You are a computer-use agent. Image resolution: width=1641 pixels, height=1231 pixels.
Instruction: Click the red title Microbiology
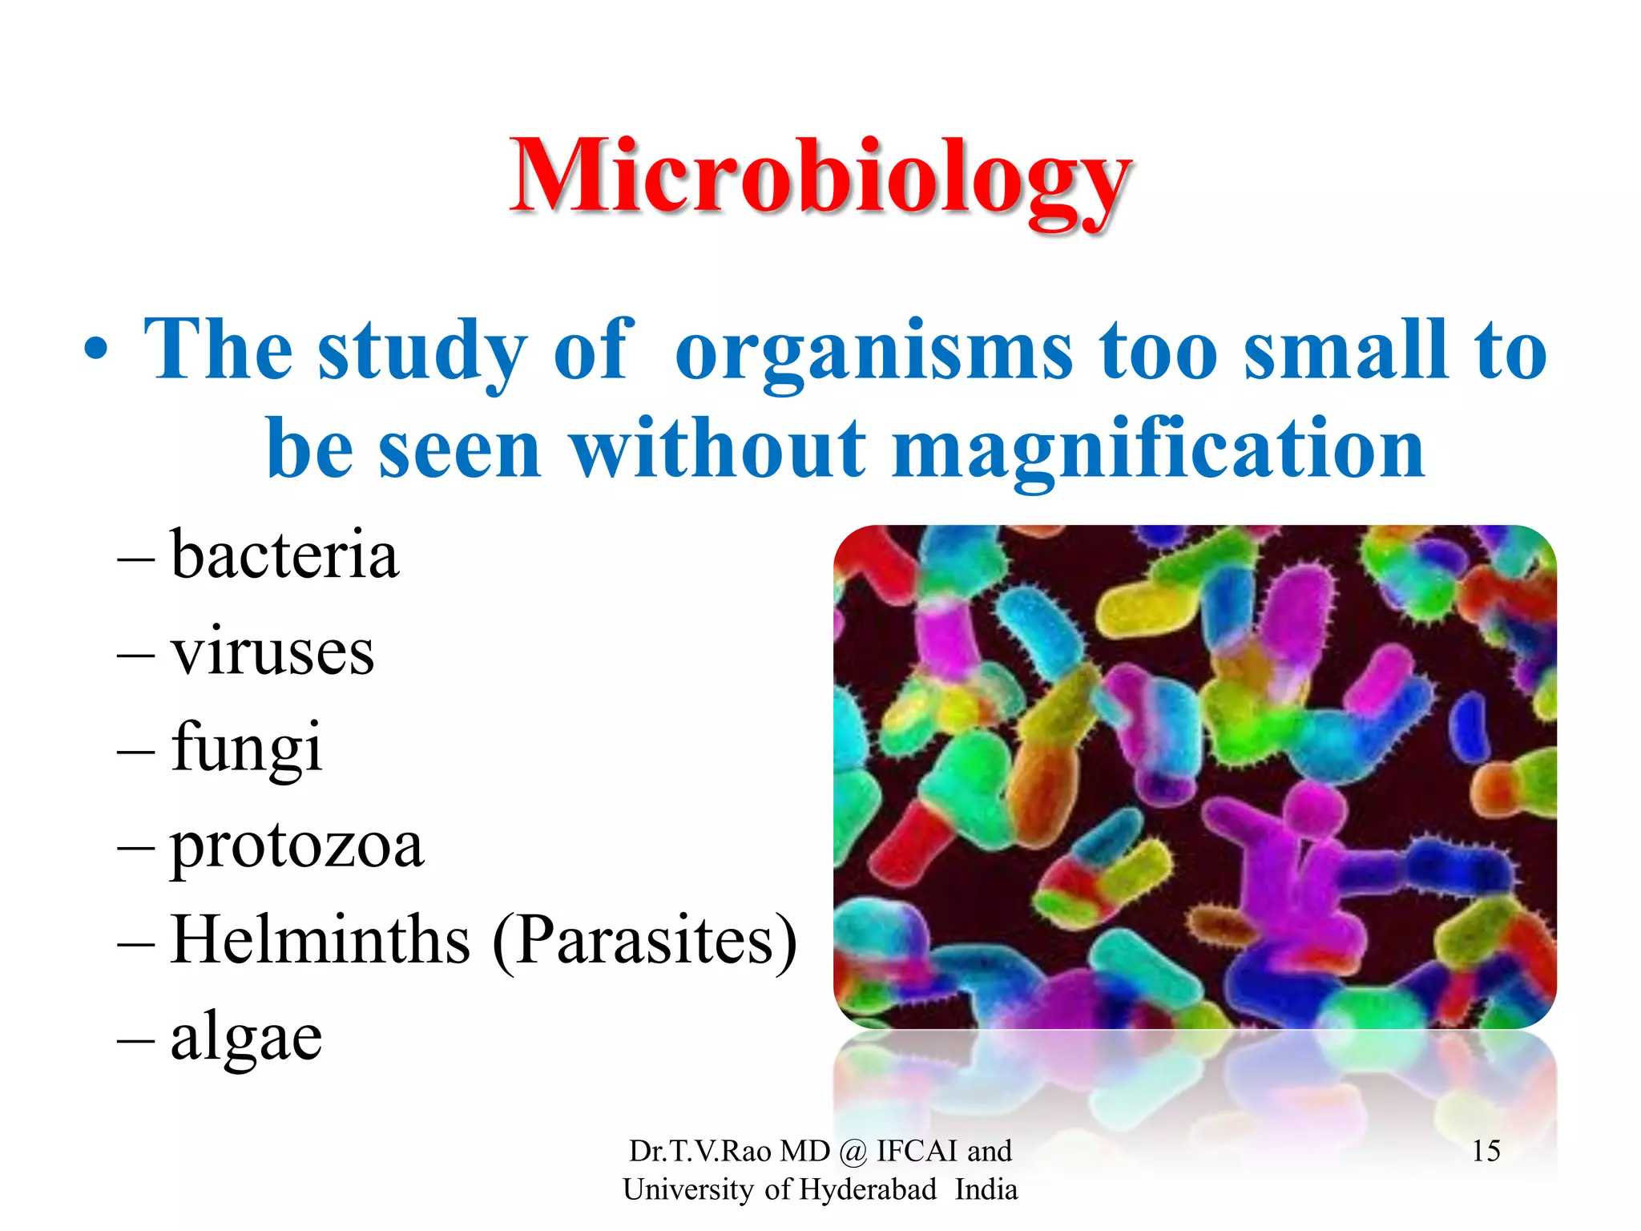pyautogui.click(x=820, y=178)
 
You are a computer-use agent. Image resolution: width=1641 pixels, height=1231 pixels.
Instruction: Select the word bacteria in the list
pyautogui.click(x=284, y=555)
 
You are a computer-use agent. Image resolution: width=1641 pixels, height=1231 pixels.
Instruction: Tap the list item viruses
pyautogui.click(x=272, y=651)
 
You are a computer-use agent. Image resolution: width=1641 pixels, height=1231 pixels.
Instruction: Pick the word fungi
pyautogui.click(x=247, y=747)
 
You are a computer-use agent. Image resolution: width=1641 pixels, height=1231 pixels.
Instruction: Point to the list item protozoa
pyautogui.click(x=296, y=845)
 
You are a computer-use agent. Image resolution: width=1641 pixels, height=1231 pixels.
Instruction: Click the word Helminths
pyautogui.click(x=321, y=939)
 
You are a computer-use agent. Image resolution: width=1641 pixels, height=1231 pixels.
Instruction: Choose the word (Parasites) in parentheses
pyautogui.click(x=645, y=941)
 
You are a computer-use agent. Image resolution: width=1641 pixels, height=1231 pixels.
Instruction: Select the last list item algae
pyautogui.click(x=246, y=1035)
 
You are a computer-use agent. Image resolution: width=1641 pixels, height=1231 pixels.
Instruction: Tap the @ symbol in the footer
pyautogui.click(x=853, y=1152)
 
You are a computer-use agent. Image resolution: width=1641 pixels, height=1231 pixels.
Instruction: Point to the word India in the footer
pyautogui.click(x=986, y=1189)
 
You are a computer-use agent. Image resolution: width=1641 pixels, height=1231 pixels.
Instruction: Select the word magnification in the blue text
pyautogui.click(x=1158, y=449)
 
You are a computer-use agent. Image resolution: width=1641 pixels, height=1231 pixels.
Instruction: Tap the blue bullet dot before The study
pyautogui.click(x=95, y=351)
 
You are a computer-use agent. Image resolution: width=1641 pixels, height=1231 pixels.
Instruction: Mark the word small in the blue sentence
pyautogui.click(x=1345, y=349)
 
